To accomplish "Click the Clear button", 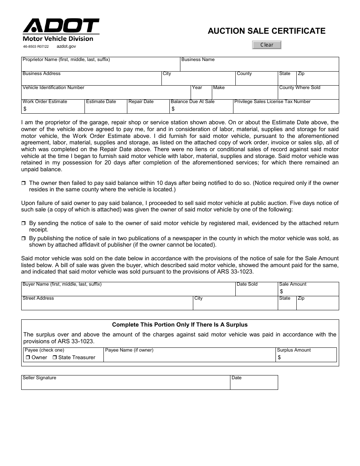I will [267, 45].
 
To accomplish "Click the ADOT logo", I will [61, 27].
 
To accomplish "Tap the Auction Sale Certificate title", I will [266, 31].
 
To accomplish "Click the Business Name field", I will [259, 66].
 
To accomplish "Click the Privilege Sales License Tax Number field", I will [286, 109].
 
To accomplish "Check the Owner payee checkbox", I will [28, 358].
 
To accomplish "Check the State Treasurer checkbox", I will [55, 358].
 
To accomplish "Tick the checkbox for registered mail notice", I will [23, 224].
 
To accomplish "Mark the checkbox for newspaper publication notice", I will [23, 239].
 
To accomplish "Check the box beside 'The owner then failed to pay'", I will [23, 183].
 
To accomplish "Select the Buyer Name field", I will [128, 291].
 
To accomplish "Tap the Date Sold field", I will [256, 291].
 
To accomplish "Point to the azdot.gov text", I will [66, 46].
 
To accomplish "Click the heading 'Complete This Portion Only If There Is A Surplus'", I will [180, 325].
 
